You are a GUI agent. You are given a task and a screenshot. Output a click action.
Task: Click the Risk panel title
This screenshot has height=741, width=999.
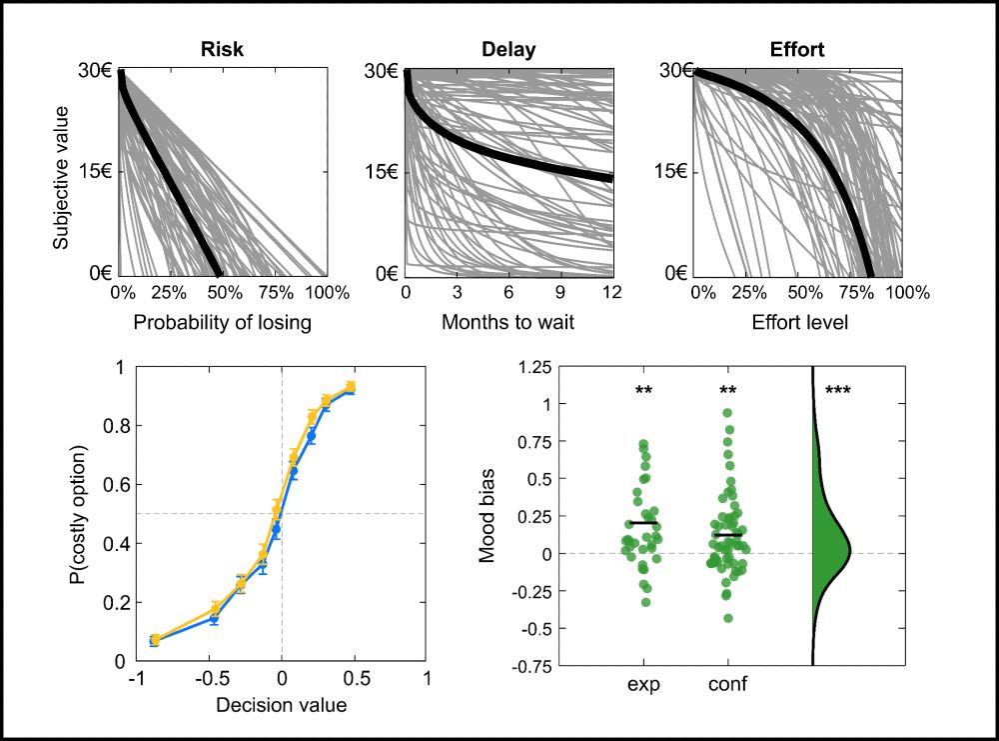point(222,49)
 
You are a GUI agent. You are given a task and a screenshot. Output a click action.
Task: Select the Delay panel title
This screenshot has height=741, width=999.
point(508,49)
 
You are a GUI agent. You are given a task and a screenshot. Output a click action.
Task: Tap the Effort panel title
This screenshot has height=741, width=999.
point(796,49)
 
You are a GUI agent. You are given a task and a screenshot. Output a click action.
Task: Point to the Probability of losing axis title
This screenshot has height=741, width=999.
point(223,322)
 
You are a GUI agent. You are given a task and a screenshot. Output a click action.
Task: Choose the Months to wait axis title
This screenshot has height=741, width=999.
point(508,322)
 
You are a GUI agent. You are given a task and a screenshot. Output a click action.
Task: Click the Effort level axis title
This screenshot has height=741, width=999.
point(796,322)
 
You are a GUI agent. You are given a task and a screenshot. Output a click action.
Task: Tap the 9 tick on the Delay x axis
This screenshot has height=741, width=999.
point(560,293)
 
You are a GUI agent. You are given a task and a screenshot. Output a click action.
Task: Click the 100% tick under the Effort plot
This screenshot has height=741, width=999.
point(907,293)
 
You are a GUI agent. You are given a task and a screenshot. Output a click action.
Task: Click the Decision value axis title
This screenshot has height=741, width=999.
point(282,705)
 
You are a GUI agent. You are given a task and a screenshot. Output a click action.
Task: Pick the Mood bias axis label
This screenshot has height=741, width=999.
point(487,516)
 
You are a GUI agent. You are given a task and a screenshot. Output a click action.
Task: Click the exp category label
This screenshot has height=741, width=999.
point(644,685)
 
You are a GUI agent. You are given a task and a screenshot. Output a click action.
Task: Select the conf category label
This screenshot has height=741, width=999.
point(728,685)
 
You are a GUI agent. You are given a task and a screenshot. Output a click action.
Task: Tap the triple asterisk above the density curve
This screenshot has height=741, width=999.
point(837,391)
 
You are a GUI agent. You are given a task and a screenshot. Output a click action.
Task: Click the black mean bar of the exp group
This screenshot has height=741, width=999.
point(644,523)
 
